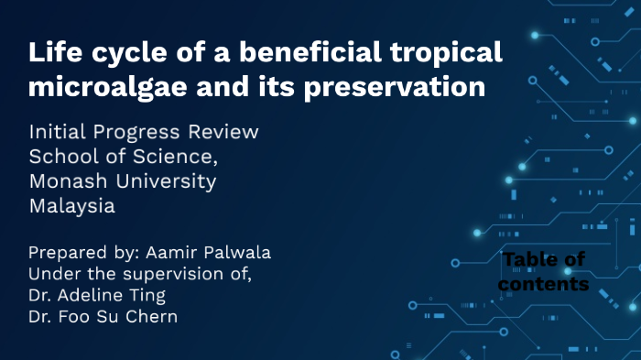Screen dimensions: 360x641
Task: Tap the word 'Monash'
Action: point(70,181)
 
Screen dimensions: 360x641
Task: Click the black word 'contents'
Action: point(544,285)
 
